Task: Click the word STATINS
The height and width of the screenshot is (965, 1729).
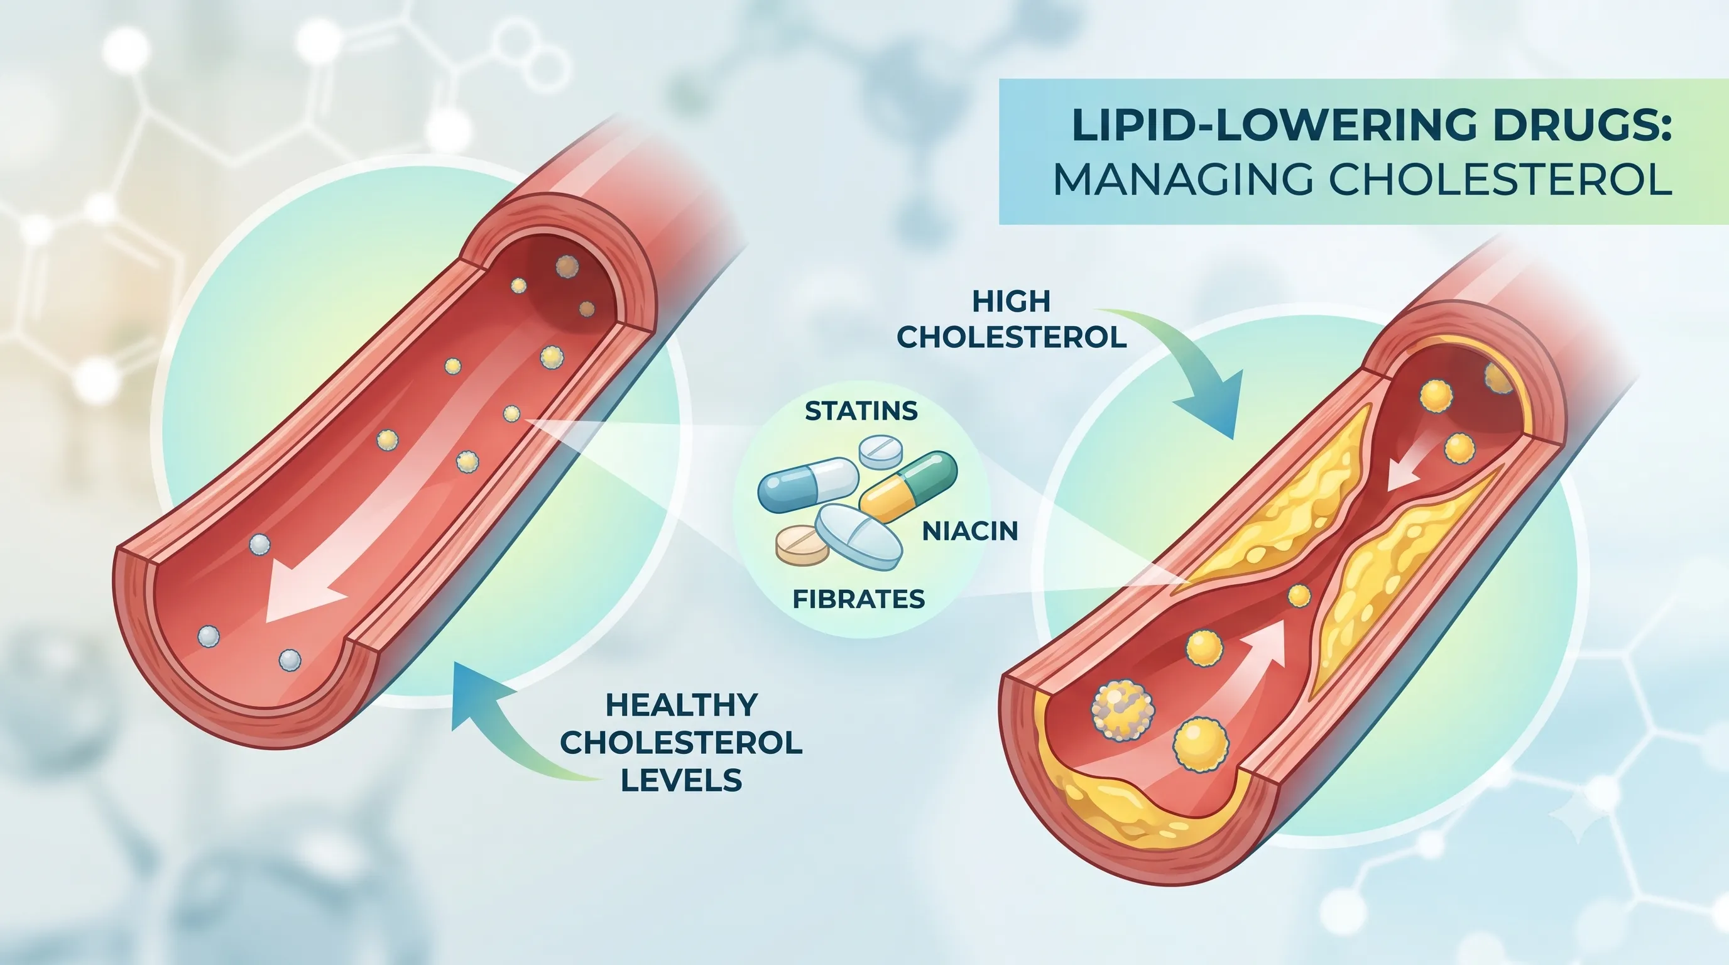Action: click(x=861, y=411)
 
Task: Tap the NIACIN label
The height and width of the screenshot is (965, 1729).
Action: click(x=971, y=531)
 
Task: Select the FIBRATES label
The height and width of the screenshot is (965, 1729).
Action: click(x=858, y=599)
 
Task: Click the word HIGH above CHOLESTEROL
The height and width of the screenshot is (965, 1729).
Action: click(x=1011, y=302)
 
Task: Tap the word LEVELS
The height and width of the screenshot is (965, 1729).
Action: click(x=681, y=780)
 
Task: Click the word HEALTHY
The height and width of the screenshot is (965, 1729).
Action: click(x=681, y=705)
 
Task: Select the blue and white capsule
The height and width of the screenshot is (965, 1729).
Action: click(x=808, y=484)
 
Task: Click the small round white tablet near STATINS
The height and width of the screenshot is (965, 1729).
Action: click(x=881, y=452)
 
